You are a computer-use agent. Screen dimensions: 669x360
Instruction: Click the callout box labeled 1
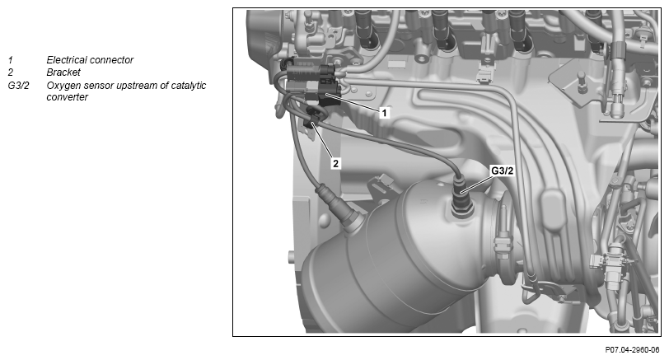point(384,113)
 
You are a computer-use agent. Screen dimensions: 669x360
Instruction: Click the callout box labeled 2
point(336,163)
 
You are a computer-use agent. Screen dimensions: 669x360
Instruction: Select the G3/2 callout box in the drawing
point(503,171)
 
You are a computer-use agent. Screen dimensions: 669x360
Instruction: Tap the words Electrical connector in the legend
point(90,60)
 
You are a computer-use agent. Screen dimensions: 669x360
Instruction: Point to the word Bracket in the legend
point(63,72)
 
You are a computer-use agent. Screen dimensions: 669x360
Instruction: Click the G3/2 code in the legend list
point(18,86)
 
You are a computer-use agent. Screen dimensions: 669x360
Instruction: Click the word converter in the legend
point(68,97)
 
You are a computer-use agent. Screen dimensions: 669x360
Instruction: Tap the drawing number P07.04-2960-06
point(632,350)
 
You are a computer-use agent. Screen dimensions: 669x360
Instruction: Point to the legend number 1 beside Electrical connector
point(10,60)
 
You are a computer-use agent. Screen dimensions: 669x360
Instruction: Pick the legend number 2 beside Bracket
point(10,72)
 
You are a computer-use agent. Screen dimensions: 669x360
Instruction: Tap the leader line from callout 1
point(353,101)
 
